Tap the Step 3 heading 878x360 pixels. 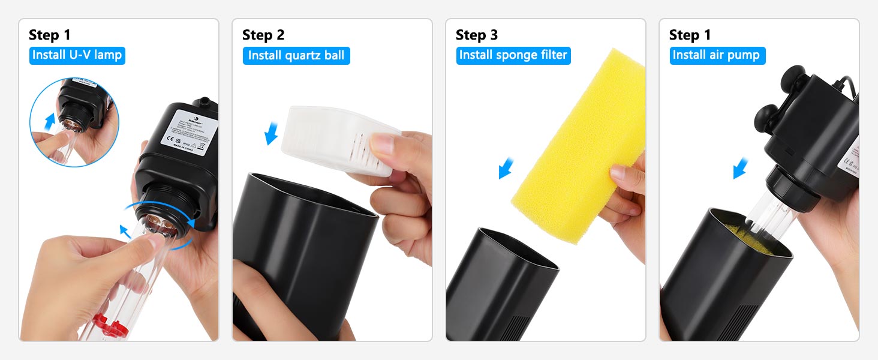click(476, 35)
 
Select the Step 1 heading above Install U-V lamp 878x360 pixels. click(49, 35)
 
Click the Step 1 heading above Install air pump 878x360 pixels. click(690, 35)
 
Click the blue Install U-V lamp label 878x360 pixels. click(77, 55)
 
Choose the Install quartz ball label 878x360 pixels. click(296, 56)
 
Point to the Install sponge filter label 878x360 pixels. click(513, 55)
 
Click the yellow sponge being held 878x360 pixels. click(576, 144)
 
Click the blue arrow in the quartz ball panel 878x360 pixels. click(272, 134)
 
